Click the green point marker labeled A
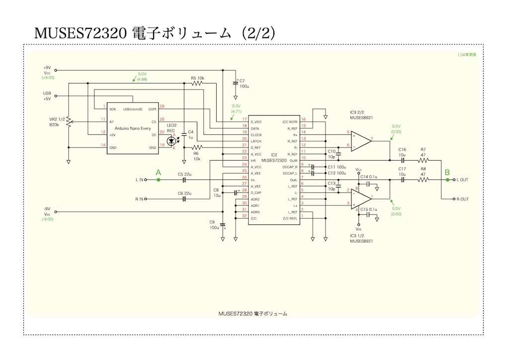(x=159, y=180)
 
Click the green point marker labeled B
(x=447, y=180)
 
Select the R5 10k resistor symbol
(x=197, y=84)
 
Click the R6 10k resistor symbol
(x=197, y=148)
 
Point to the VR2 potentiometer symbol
(x=69, y=122)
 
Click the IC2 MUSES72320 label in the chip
(x=274, y=158)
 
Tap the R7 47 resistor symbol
(x=423, y=161)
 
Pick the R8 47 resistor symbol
(x=423, y=180)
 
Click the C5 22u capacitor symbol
(x=184, y=180)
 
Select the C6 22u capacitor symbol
(x=184, y=199)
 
